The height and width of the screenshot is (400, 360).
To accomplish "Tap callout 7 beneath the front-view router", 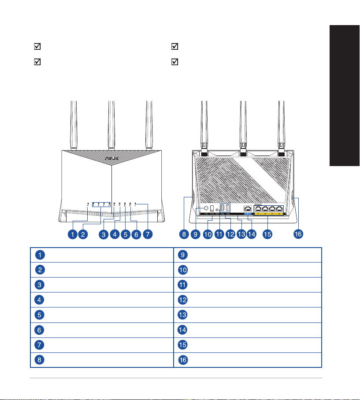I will click(x=147, y=235).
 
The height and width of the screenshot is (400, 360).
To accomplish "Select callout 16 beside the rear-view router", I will click(x=299, y=235).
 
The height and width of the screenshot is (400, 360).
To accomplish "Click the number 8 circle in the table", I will click(x=40, y=360).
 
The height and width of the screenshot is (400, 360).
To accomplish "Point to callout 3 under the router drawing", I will click(x=104, y=235).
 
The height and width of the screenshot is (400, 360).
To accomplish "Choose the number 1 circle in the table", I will click(x=40, y=254).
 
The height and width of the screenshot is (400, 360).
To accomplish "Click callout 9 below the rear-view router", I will click(x=196, y=235).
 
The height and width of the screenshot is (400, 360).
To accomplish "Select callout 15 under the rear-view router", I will click(x=267, y=235).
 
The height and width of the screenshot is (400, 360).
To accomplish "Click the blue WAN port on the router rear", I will click(x=249, y=210).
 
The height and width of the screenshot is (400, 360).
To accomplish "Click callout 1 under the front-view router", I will click(x=72, y=235).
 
